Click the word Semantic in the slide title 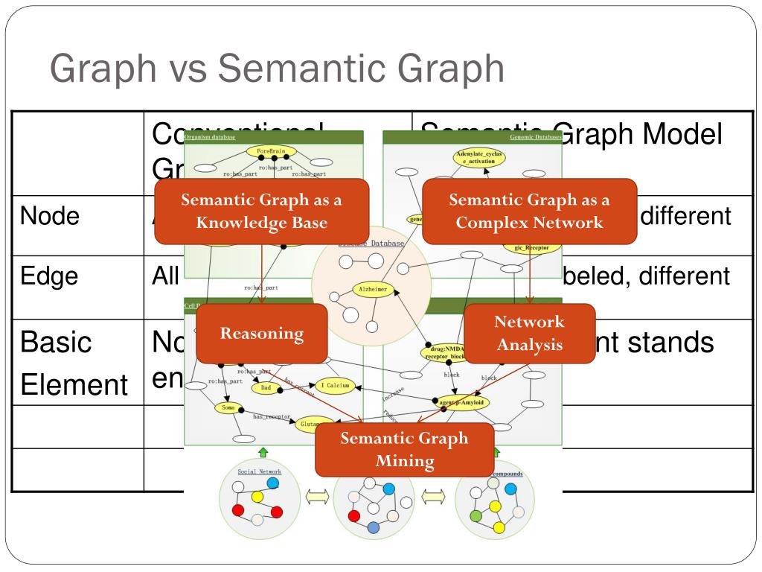[297, 69]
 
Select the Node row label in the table [49, 216]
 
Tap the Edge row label [49, 276]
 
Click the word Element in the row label [74, 385]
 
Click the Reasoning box [262, 334]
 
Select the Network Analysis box [529, 334]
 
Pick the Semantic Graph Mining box [404, 449]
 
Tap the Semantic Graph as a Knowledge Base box [262, 211]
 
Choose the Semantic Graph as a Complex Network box [529, 211]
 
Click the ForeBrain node [271, 151]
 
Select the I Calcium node [336, 385]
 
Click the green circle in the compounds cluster [477, 515]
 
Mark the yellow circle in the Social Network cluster [257, 496]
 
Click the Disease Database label [371, 244]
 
